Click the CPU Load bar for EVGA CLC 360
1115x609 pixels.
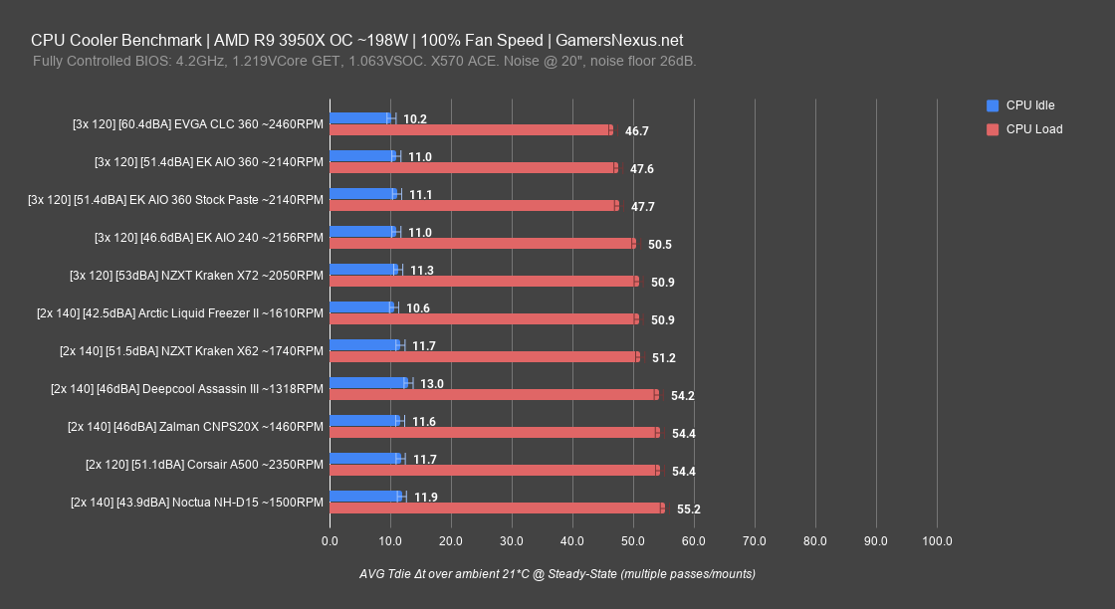tap(470, 129)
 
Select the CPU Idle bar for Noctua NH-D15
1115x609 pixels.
tap(365, 496)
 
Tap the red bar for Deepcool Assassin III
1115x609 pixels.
tap(493, 394)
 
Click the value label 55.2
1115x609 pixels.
tap(688, 508)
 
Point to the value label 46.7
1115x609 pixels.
tap(636, 130)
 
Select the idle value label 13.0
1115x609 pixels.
tap(431, 383)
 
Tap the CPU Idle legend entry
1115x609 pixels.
tap(1029, 105)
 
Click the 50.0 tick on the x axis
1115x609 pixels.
tap(633, 541)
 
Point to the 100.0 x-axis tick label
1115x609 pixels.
tap(937, 541)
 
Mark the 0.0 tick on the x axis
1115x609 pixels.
tap(330, 541)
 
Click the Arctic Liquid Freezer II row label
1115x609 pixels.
tap(179, 312)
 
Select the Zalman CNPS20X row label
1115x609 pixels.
tap(195, 426)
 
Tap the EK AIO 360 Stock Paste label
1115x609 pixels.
tap(175, 199)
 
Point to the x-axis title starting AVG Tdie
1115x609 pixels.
tap(557, 574)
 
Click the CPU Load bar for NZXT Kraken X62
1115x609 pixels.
tap(484, 356)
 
